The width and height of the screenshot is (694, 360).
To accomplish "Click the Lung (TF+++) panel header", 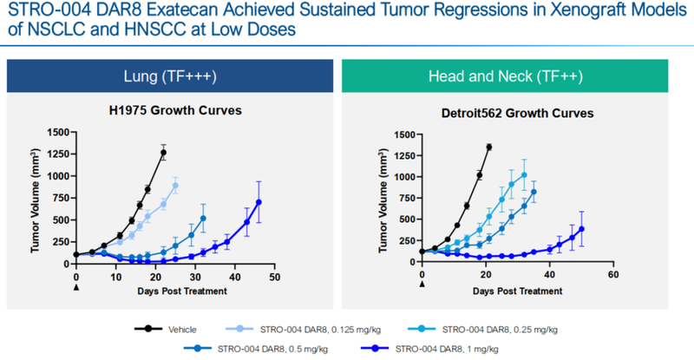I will click(x=172, y=75).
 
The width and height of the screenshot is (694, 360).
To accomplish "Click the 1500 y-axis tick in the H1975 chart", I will click(x=57, y=132).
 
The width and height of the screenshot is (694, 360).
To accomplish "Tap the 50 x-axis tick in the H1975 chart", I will click(x=274, y=277).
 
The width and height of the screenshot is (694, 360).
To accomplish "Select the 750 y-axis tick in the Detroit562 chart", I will click(x=404, y=199).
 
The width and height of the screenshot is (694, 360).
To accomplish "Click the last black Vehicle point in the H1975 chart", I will click(x=164, y=153).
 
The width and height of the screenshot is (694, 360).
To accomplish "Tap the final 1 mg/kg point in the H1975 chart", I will click(x=259, y=202).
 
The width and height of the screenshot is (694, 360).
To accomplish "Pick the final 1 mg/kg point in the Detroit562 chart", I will click(x=581, y=229).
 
